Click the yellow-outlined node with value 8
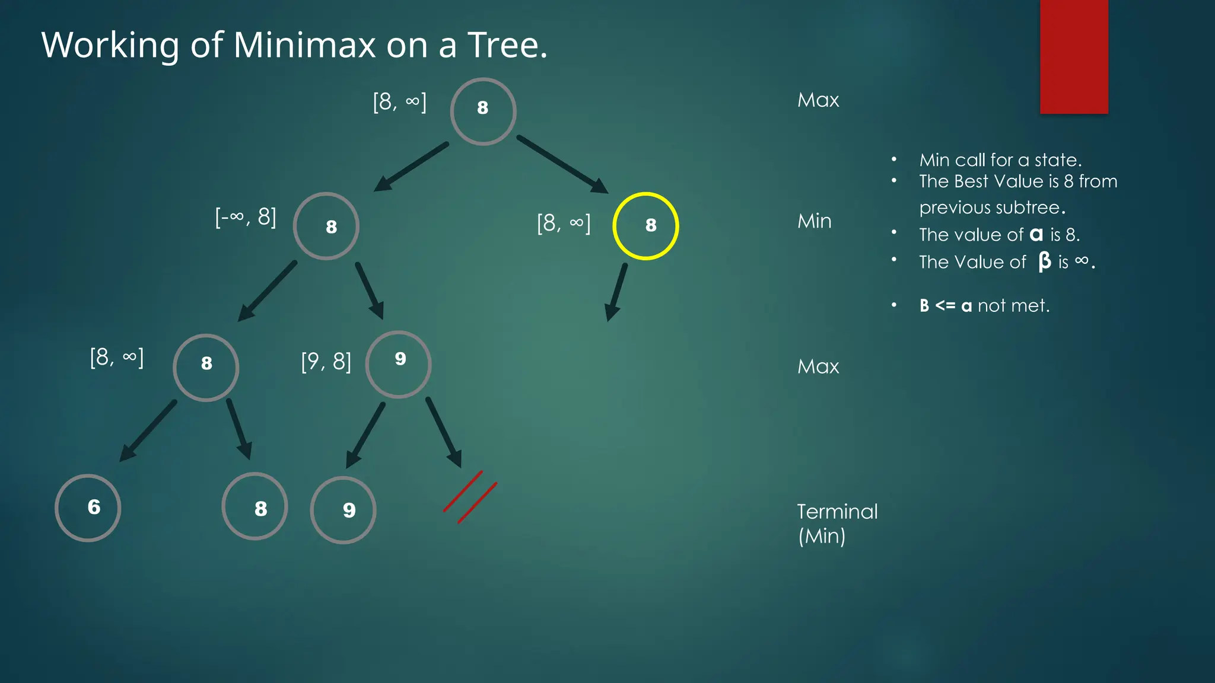pos(645,226)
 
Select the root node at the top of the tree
pos(483,111)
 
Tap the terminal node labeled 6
pos(88,508)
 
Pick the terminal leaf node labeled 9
pos(343,510)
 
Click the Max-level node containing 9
pos(398,363)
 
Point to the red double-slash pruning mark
pos(470,497)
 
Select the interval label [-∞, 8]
pos(246,217)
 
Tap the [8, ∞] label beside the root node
pos(399,101)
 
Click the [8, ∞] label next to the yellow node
pos(564,223)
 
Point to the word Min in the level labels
pos(814,221)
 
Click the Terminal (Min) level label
pos(836,524)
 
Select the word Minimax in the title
pos(304,44)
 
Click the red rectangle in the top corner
pos(1074,56)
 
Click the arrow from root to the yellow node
pos(562,164)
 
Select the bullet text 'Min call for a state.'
pos(1000,160)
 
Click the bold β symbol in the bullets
pos(1044,261)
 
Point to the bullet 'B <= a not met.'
pos(984,305)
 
